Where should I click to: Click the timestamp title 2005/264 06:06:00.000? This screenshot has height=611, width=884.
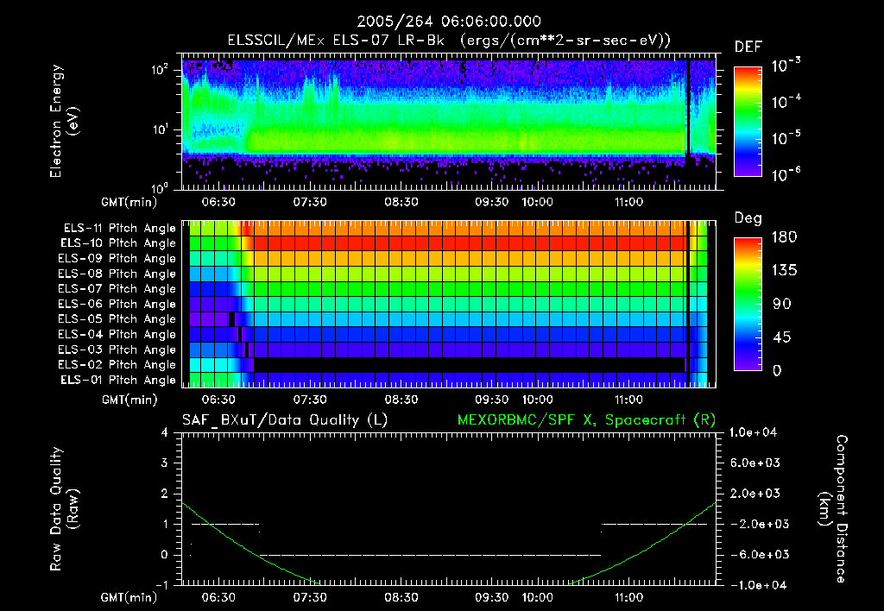tap(442, 21)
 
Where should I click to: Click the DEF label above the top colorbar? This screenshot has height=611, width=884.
tap(748, 47)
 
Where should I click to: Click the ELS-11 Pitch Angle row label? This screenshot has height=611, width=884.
tap(118, 228)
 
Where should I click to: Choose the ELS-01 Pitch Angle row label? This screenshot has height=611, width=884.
tap(118, 380)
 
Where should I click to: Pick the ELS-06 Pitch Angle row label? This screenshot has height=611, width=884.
tap(118, 304)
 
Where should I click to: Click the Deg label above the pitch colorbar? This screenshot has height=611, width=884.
tap(747, 218)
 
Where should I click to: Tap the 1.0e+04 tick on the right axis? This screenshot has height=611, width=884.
tap(756, 433)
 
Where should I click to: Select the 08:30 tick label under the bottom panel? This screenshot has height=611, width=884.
tap(401, 596)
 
